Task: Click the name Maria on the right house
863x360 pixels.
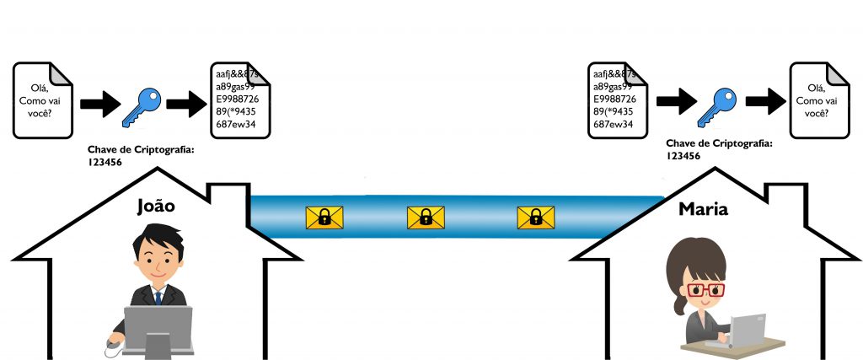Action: click(703, 209)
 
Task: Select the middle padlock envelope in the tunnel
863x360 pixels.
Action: click(426, 218)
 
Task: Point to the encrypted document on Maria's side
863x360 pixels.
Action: click(615, 100)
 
